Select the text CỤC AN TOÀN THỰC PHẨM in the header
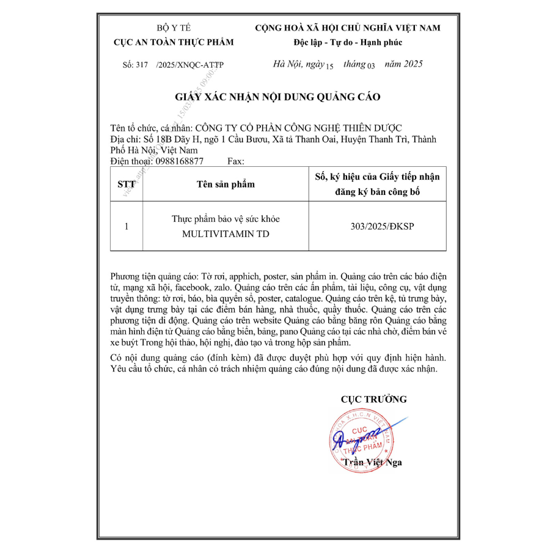point(174,42)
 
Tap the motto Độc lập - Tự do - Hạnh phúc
point(348,42)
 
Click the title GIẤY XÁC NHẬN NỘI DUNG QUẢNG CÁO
point(278,97)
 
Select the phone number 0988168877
point(180,161)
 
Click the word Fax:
point(235,161)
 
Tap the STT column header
point(126,184)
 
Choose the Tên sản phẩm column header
point(226,184)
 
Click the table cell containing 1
point(126,226)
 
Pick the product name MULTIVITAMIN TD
point(226,234)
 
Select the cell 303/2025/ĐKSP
point(377,226)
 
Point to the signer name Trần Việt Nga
point(372,462)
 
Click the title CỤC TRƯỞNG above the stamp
point(373,399)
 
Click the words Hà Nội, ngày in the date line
point(299,64)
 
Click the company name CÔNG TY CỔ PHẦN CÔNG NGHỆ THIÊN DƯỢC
point(298,128)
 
